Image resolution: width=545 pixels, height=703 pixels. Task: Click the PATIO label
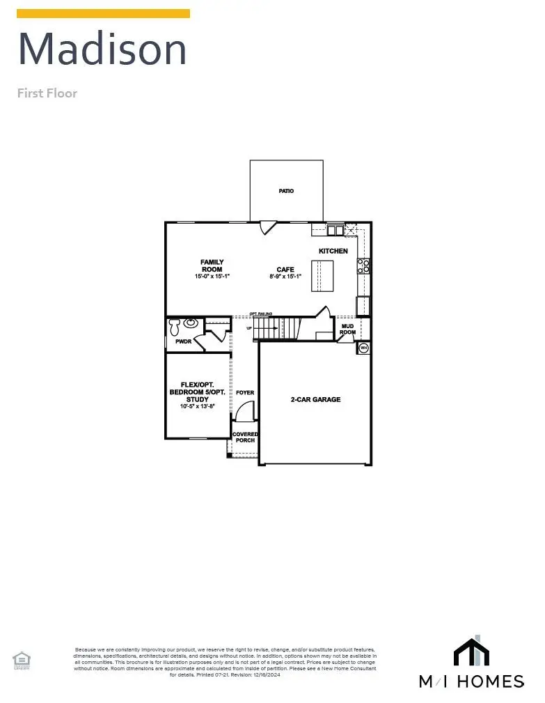coord(286,191)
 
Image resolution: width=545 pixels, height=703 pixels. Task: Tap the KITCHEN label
coord(333,251)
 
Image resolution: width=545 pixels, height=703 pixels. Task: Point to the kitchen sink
coord(335,229)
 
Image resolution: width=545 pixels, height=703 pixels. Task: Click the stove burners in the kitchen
coord(363,265)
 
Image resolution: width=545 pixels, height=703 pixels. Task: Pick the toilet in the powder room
coord(175,326)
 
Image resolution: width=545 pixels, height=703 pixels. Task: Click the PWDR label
coord(183,341)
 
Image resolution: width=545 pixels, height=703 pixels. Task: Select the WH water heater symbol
coord(363,347)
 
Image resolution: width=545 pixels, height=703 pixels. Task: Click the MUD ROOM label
coord(347,329)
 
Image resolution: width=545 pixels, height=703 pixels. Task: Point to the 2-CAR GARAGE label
coord(315,400)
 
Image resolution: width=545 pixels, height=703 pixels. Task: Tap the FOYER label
coord(245,393)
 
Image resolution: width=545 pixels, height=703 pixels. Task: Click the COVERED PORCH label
coord(245,437)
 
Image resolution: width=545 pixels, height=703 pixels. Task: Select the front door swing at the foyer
coord(244,413)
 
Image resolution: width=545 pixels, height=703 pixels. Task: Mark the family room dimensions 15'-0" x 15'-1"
coord(212,277)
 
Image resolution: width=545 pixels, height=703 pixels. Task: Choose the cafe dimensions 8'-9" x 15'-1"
coord(285,277)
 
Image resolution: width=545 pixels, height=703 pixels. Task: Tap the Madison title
coord(102,49)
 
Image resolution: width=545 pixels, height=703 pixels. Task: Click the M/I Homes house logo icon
coord(471,651)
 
